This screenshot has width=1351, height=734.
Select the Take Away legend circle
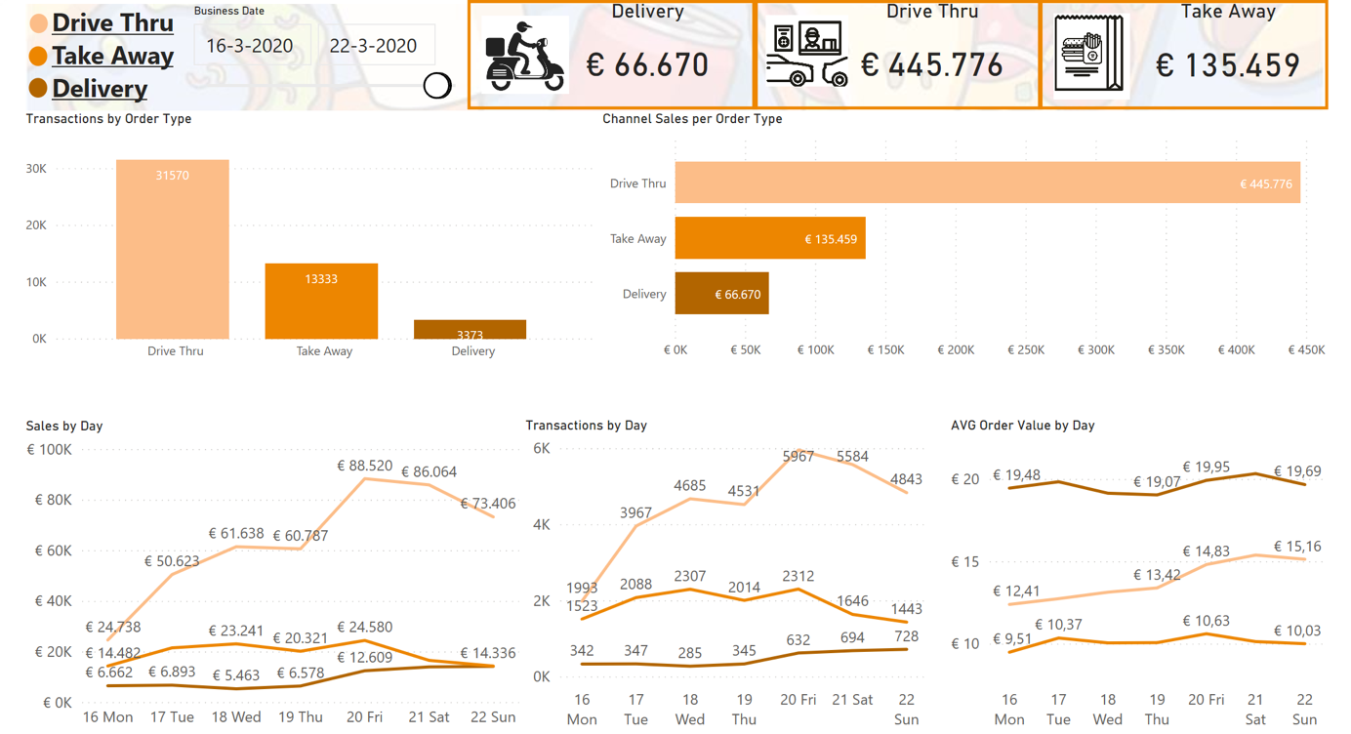[x=38, y=56]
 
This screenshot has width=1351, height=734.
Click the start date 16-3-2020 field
[x=250, y=46]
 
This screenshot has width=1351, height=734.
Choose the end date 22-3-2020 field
[x=373, y=46]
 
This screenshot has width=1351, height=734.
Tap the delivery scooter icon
[x=525, y=57]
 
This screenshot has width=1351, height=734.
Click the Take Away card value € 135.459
[x=1227, y=65]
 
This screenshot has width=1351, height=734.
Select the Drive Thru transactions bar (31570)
[x=173, y=249]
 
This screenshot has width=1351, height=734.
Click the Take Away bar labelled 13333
[x=321, y=301]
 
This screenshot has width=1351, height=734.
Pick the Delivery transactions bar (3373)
[x=470, y=329]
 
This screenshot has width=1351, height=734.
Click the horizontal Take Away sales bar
[x=770, y=238]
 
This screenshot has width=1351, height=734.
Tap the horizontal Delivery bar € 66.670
[x=722, y=293]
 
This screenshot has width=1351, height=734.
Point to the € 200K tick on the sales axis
[x=956, y=349]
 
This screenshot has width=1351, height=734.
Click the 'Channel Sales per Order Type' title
[x=692, y=119]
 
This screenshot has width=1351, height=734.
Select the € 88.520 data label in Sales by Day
[x=364, y=466]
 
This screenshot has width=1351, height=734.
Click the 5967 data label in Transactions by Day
[x=798, y=457]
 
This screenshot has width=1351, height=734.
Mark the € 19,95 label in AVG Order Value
[x=1206, y=467]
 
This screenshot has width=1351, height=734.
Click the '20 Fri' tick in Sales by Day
[x=364, y=716]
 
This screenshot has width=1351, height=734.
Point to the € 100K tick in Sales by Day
[x=50, y=449]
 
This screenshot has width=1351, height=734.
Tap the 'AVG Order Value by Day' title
[x=1023, y=426]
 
